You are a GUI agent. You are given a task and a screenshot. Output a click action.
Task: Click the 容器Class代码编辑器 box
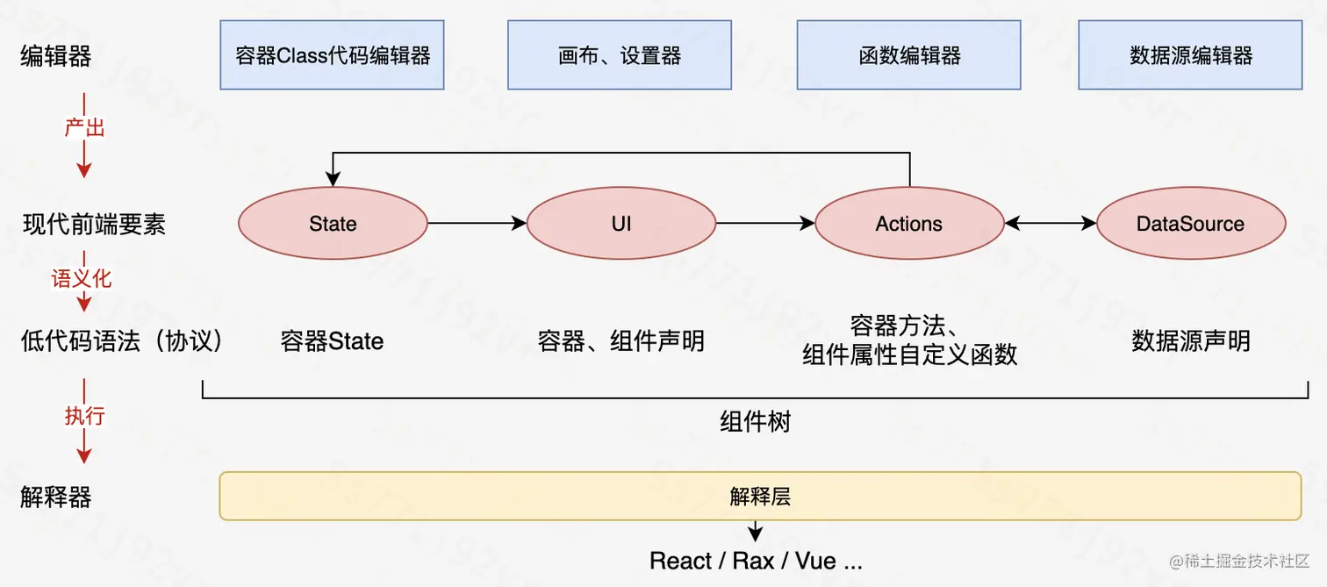tap(332, 56)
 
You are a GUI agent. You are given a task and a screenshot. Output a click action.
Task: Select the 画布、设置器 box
tap(620, 56)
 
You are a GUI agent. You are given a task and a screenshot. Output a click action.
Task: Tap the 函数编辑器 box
tap(908, 56)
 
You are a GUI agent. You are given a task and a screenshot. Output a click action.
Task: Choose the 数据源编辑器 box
tap(1190, 56)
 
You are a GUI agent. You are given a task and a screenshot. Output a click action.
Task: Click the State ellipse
tap(333, 224)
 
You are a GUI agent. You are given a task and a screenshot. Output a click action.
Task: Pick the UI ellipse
tap(621, 224)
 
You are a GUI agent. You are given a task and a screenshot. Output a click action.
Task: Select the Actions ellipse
tap(909, 224)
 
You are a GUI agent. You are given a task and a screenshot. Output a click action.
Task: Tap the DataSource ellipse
tap(1191, 224)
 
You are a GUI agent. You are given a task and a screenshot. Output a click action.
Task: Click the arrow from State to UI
tap(477, 224)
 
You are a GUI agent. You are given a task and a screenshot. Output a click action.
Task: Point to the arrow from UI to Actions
tap(765, 224)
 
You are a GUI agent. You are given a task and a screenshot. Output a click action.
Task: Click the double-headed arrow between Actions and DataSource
tap(1051, 224)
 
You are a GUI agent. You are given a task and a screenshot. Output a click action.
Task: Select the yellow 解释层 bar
tap(760, 496)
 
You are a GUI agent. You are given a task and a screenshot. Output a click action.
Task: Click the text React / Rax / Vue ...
tap(756, 561)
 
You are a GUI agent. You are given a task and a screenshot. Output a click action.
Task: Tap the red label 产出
tap(84, 128)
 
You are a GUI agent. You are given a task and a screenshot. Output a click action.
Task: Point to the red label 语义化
tap(82, 279)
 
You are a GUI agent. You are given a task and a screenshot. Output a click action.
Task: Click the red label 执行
tap(84, 415)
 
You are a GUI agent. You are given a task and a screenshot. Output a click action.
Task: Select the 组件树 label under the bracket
tap(755, 422)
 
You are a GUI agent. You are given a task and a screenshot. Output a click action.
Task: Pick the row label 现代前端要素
tap(94, 225)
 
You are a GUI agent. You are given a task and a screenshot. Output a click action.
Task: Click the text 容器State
tap(333, 341)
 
